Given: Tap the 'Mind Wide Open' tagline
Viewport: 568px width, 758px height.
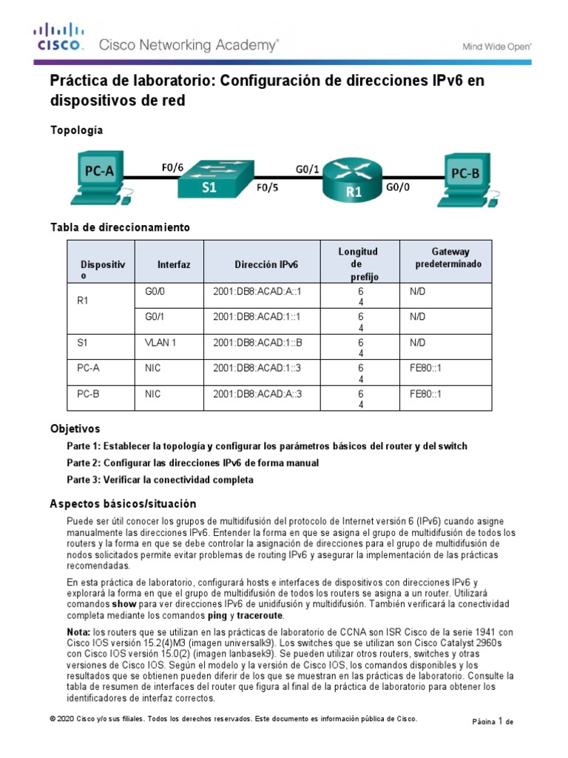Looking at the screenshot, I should (497, 46).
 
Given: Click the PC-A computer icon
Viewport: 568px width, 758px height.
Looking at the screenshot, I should (95, 178).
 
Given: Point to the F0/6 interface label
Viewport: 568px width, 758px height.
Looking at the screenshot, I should (172, 167).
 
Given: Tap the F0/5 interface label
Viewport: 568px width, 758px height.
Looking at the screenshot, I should (268, 187).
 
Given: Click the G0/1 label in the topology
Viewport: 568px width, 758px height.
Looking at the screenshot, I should (307, 168).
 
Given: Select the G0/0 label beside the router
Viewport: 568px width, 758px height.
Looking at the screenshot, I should (398, 188).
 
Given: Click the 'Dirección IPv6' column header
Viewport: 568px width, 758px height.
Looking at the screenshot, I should (266, 264).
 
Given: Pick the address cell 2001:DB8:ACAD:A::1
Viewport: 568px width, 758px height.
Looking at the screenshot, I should (257, 292).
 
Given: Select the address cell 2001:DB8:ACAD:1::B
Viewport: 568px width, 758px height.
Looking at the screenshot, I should (257, 343).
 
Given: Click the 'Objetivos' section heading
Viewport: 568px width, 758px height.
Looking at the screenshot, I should (75, 429).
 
